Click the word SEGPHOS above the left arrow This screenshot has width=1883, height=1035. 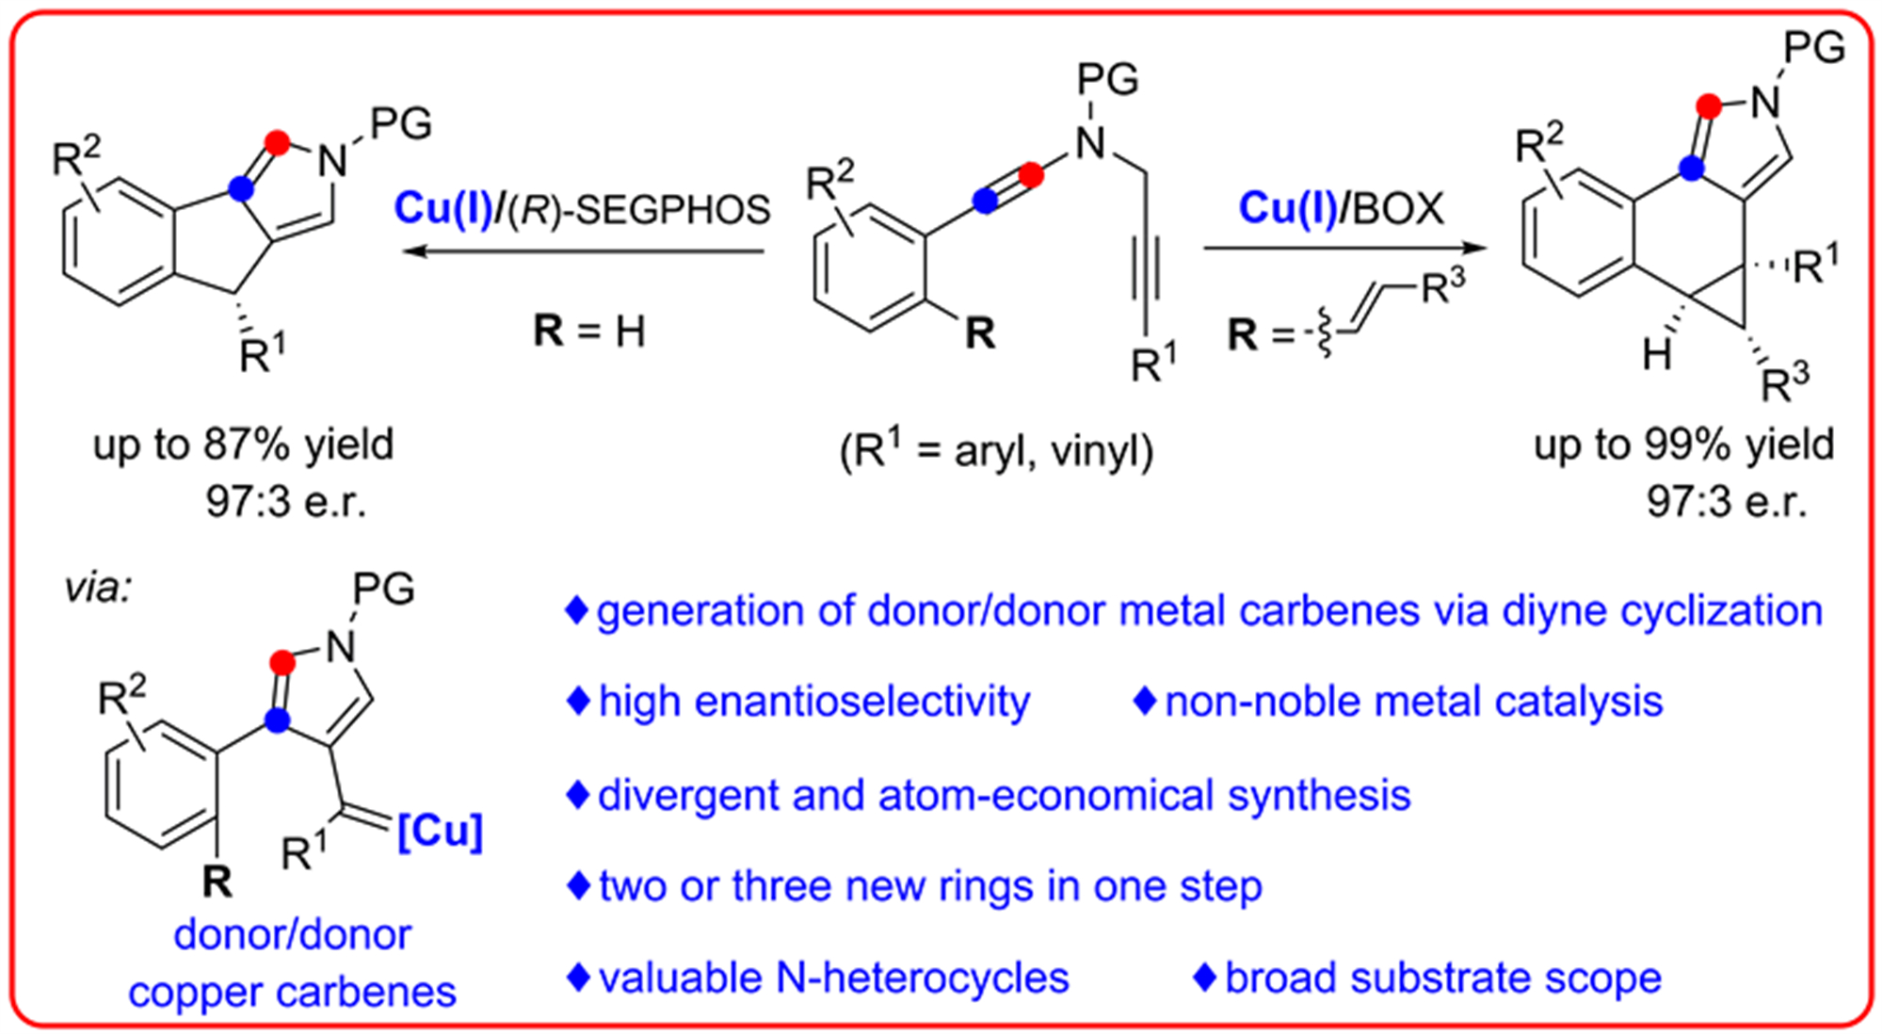pos(672,208)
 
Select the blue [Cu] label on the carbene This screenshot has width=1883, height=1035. pos(440,832)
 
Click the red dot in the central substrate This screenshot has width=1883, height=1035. pos(1031,175)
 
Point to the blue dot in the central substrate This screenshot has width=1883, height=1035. pos(985,201)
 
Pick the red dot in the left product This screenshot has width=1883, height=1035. pos(277,143)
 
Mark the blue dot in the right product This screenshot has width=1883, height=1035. pos(1692,170)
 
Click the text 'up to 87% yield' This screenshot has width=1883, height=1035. pos(243,445)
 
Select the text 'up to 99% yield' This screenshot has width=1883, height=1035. pos(1684,445)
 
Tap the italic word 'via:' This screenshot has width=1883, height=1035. pos(98,589)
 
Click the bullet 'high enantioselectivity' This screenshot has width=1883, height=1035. pos(813,702)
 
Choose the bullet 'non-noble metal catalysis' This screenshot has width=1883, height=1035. pos(1413,702)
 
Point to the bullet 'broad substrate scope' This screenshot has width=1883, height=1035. pos(1442,978)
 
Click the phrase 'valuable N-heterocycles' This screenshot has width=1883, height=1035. pos(833,978)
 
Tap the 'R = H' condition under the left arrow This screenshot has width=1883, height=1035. pos(589,332)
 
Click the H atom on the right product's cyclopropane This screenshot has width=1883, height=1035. pos(1657,354)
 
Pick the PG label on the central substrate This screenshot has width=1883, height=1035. pos(1107,79)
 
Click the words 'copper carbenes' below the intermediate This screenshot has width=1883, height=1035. pos(292,992)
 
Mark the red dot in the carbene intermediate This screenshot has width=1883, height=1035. pos(282,663)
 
